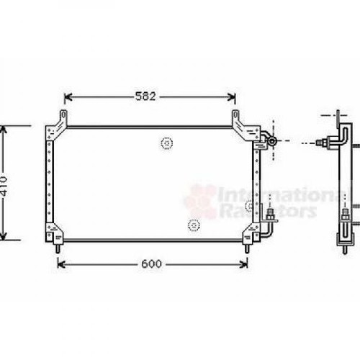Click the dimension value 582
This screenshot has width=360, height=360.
[145, 96]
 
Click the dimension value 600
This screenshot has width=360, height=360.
[151, 264]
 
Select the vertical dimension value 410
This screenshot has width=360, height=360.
[4, 186]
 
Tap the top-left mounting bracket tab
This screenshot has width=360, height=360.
[63, 117]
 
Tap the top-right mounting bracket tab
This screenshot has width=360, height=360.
[235, 117]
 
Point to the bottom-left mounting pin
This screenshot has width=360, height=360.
[58, 248]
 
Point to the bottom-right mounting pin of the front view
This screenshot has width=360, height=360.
[246, 248]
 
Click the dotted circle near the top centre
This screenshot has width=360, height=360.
[167, 143]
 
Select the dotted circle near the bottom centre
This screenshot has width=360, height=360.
[194, 225]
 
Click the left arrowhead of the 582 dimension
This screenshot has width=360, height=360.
[68, 97]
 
